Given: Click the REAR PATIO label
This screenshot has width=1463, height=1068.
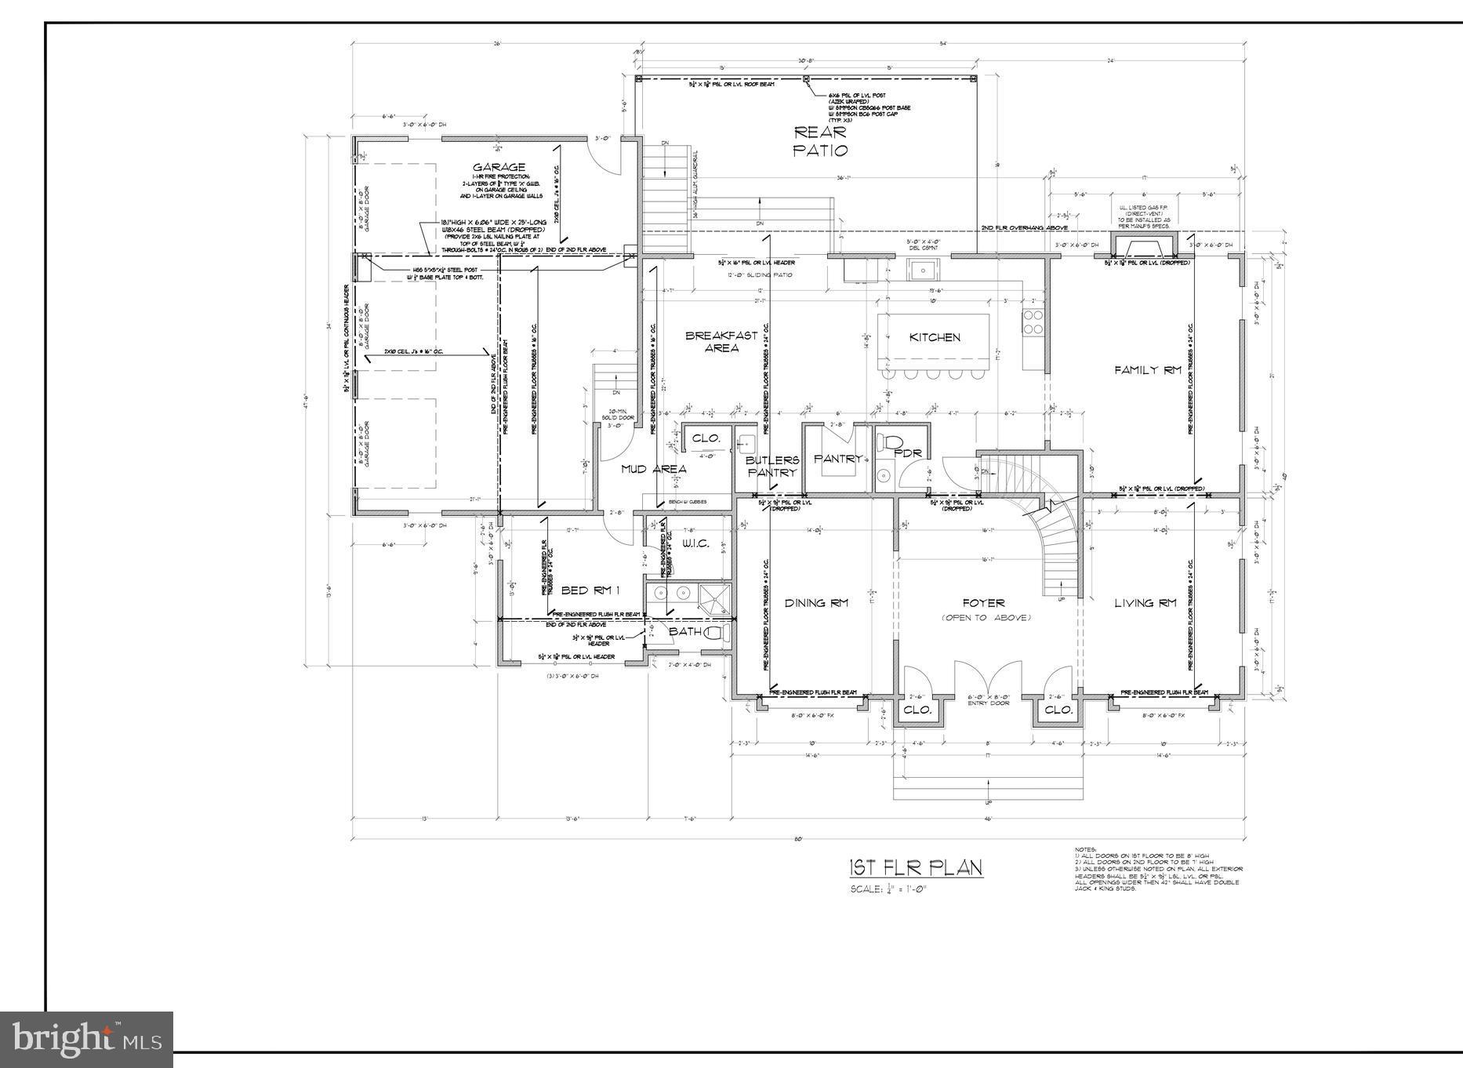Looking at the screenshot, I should tap(820, 141).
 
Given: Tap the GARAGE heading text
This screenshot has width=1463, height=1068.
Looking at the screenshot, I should tap(499, 167).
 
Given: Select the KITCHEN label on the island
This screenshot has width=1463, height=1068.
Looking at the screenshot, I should tap(935, 337).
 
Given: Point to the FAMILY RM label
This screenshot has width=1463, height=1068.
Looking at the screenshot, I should tap(1148, 370).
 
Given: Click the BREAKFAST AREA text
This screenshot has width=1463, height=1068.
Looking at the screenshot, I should tap(721, 341).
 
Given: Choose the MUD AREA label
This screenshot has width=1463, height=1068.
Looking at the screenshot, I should tap(654, 469).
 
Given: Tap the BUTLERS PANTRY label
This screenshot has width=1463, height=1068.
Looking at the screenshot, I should tap(772, 466).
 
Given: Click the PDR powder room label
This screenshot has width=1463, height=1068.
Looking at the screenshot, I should tap(907, 452).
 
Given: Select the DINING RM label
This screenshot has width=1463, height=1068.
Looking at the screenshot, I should tap(816, 603).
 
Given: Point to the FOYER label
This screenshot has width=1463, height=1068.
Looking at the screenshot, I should tap(984, 603).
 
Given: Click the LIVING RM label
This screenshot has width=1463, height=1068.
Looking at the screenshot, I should tap(1145, 603).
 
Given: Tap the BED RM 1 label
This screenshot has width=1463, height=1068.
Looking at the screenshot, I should tap(590, 590).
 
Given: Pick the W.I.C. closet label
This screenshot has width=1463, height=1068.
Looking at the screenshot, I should tap(695, 543).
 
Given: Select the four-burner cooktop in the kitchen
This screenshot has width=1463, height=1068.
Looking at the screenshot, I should tap(1033, 321).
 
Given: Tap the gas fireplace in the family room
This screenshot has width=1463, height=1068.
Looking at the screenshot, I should tap(1144, 247).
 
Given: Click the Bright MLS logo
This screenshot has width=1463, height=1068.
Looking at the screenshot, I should tap(86, 1039).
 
